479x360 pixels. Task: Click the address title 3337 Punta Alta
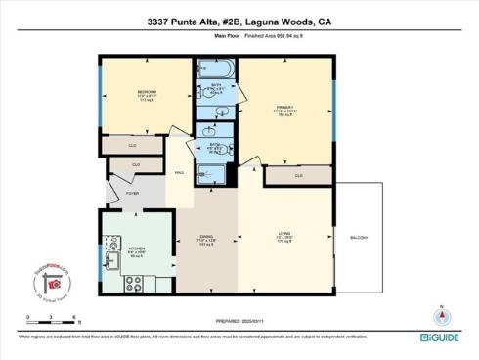pyautogui.click(x=239, y=18)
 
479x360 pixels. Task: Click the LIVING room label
pyautogui.click(x=284, y=232)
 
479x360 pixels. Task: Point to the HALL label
pyautogui.click(x=179, y=173)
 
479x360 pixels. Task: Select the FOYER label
pyautogui.click(x=130, y=194)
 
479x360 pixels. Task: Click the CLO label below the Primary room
pyautogui.click(x=298, y=175)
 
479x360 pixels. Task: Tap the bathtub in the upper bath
pyautogui.click(x=212, y=71)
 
